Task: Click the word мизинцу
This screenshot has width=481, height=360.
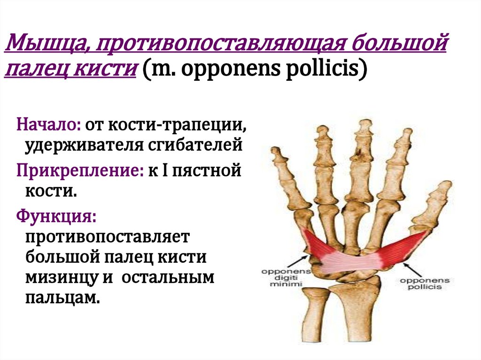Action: (x=62, y=277)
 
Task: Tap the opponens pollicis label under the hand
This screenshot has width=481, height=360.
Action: (x=425, y=283)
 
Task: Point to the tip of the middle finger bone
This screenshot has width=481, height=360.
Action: (x=365, y=124)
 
